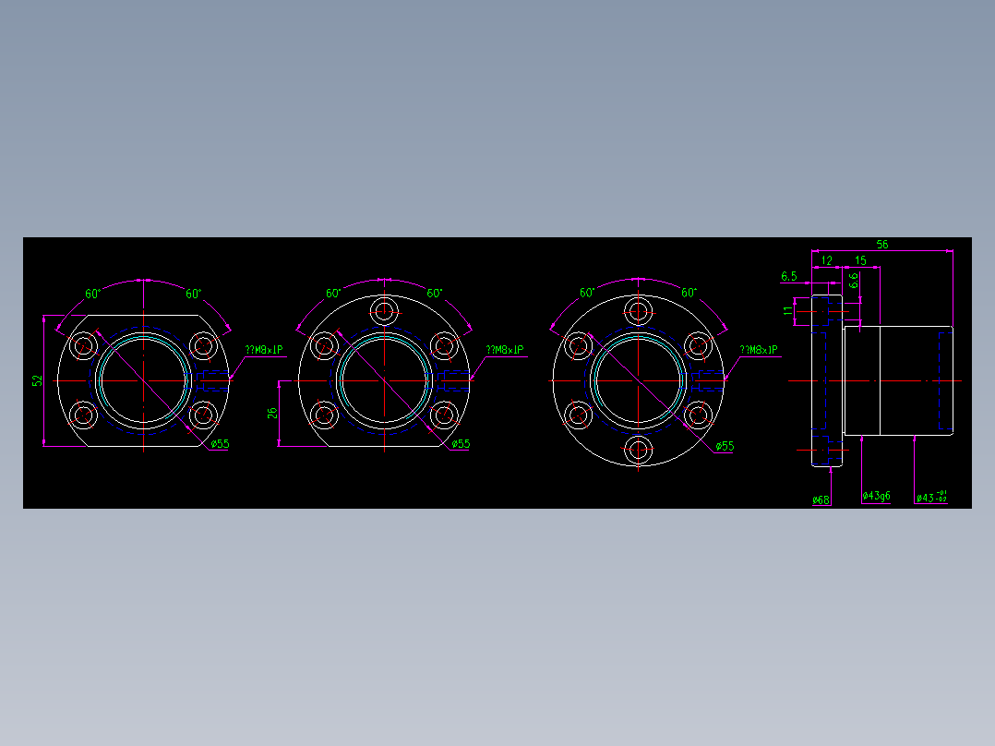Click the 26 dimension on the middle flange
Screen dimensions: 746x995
point(273,413)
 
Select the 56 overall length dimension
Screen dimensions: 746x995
point(882,245)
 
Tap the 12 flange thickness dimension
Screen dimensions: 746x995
point(827,261)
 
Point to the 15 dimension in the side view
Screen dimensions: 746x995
point(860,261)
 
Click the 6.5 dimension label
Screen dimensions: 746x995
point(789,276)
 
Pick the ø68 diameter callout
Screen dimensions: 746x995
point(821,499)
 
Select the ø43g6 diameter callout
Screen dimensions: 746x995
point(876,497)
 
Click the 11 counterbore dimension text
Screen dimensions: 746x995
point(788,311)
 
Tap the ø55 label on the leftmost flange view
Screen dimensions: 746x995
point(220,444)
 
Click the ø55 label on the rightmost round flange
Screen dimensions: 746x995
point(725,446)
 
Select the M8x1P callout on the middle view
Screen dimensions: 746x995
point(505,350)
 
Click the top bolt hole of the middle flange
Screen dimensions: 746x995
point(384,309)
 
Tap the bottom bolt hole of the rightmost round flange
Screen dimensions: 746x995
point(638,451)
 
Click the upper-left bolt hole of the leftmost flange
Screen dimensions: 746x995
point(85,346)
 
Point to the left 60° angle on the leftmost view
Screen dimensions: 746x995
point(93,295)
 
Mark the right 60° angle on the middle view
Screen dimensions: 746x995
point(434,293)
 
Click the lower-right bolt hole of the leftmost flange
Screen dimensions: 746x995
point(202,415)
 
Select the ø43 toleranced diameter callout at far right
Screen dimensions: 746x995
point(931,498)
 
